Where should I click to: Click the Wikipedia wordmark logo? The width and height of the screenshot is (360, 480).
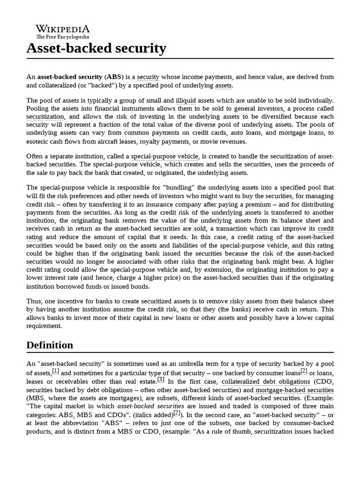pos(63,29)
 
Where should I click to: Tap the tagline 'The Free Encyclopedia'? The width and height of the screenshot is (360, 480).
pos(63,37)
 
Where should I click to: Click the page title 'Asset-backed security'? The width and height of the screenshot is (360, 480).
pos(96,48)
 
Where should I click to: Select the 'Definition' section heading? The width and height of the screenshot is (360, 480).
pos(50,345)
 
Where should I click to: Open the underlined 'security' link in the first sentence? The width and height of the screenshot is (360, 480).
pos(148,77)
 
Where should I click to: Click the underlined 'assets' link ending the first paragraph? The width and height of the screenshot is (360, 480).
pos(223,85)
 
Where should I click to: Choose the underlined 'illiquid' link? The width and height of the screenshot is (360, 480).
pos(186,100)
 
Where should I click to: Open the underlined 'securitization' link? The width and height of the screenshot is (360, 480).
pos(45,117)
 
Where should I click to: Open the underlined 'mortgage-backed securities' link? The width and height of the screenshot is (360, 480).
pos(295,390)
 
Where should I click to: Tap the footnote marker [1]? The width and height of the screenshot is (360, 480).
pos(56,371)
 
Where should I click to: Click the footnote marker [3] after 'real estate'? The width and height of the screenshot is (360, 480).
pos(161,379)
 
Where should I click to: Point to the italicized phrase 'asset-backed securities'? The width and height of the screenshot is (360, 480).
pos(143,406)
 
